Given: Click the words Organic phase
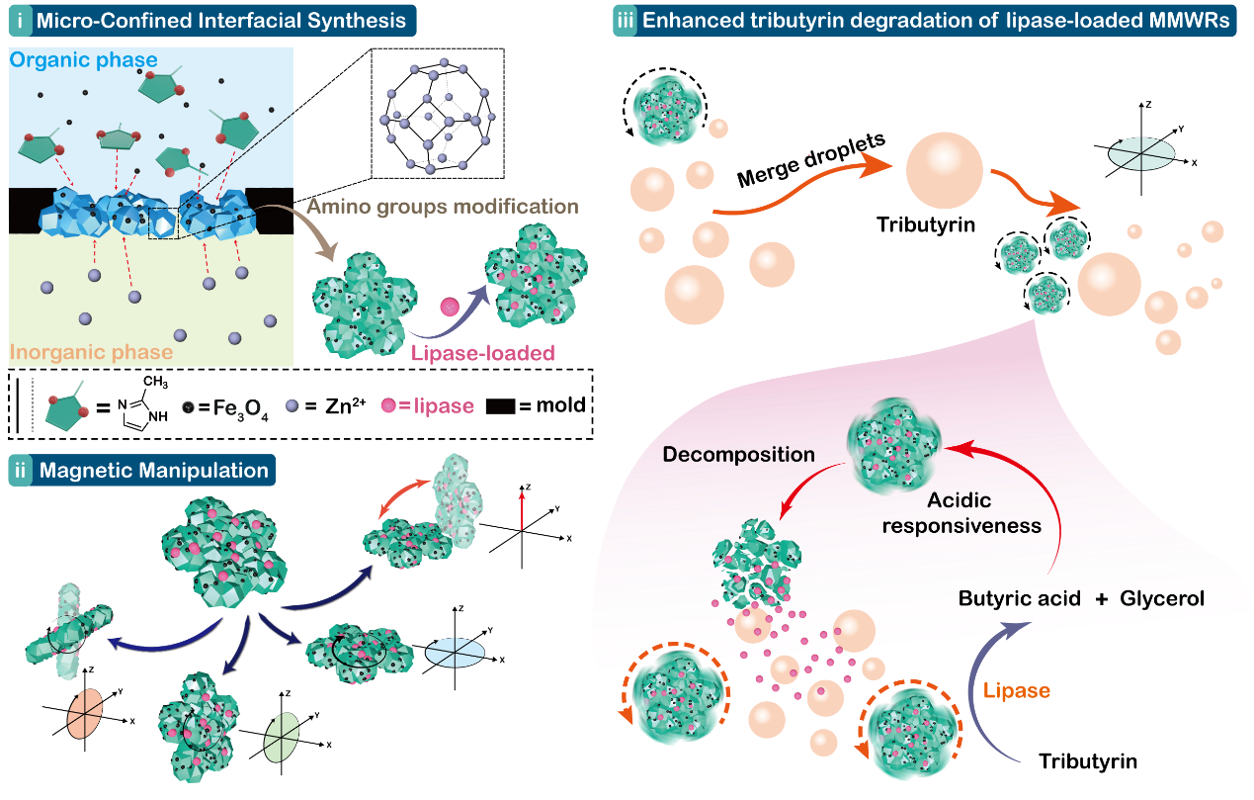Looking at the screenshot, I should pyautogui.click(x=84, y=61).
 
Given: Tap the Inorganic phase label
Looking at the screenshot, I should pyautogui.click(x=92, y=352).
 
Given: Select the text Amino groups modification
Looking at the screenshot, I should pyautogui.click(x=442, y=208).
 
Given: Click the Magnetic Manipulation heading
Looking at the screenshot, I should pyautogui.click(x=153, y=470).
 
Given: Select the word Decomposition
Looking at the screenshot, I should pyautogui.click(x=739, y=455).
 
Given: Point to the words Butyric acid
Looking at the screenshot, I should pyautogui.click(x=1012, y=599).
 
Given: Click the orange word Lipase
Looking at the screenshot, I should pyautogui.click(x=1017, y=691).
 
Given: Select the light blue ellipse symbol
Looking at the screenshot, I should pyautogui.click(x=456, y=653).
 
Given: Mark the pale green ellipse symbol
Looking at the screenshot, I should pyautogui.click(x=283, y=737).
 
